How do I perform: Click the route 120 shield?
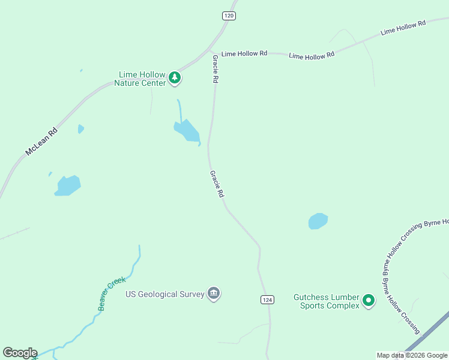[228, 16]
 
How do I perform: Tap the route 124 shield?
[268, 299]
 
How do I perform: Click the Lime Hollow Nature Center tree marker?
[175, 77]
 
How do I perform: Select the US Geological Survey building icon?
[214, 293]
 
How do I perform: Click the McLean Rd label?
[41, 142]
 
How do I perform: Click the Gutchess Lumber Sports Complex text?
[327, 301]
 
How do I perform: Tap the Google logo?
[20, 353]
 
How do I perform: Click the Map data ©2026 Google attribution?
[412, 355]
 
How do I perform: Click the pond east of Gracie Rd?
[318, 221]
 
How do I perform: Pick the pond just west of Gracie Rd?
[187, 131]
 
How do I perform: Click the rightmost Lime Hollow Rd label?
[403, 27]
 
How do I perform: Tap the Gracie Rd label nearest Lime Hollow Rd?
[215, 68]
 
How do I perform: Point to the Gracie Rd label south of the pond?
[217, 184]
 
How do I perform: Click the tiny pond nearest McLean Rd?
[80, 128]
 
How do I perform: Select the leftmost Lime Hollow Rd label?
[244, 53]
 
